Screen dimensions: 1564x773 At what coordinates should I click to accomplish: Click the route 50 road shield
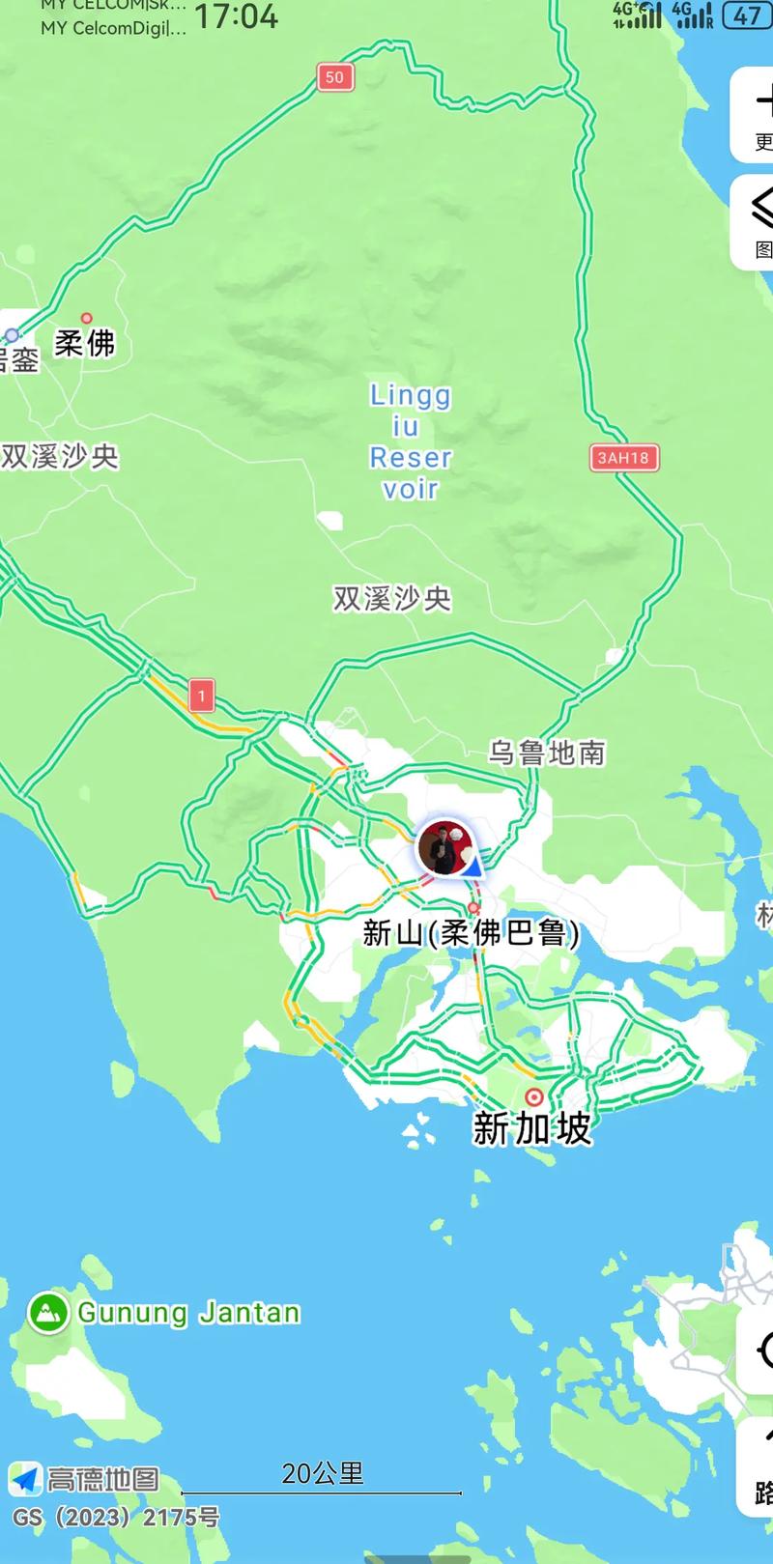334,77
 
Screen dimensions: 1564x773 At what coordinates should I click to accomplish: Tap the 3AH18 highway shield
622,457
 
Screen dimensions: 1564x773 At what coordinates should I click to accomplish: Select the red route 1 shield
201,696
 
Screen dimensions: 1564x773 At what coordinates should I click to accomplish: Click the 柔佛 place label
85,343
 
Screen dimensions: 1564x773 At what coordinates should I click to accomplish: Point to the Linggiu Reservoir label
411,441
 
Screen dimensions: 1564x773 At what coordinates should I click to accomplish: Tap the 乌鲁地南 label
547,753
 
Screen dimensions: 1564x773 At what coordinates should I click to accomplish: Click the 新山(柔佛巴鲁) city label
472,933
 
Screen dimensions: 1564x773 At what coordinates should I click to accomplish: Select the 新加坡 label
531,1128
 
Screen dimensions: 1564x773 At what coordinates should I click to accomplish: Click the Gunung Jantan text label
188,1313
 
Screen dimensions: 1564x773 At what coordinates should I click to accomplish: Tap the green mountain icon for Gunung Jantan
47,1313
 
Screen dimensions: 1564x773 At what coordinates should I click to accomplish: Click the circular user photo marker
445,847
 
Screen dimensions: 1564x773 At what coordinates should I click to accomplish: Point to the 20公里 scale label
323,1473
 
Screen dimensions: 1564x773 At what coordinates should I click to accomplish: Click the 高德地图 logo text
103,1479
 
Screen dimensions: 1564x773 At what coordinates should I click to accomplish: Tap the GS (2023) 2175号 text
116,1518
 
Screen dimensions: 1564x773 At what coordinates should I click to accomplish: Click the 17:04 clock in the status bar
237,16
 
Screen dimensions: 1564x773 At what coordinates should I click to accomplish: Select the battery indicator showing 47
747,15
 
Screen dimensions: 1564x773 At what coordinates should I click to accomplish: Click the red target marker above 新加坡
533,1097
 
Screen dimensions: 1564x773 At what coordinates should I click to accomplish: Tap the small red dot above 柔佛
86,318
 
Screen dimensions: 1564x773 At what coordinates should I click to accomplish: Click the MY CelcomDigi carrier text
113,29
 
